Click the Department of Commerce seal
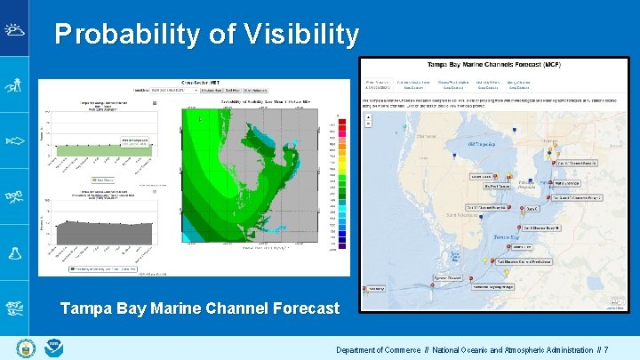tap(24, 348)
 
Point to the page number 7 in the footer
tap(606, 350)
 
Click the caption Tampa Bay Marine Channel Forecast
tap(199, 308)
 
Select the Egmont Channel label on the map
tap(446, 277)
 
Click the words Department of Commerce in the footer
tap(378, 350)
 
